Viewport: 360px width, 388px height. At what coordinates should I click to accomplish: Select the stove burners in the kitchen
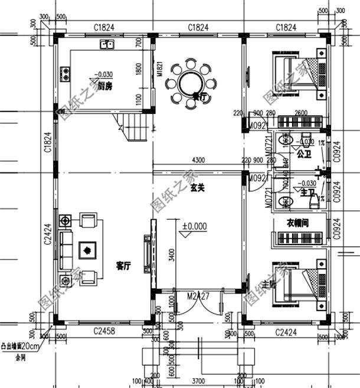[64, 74]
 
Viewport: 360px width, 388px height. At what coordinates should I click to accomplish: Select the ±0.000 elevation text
[194, 226]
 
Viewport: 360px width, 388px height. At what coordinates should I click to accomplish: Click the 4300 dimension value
[198, 159]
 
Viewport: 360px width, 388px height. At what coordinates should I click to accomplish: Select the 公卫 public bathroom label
[304, 155]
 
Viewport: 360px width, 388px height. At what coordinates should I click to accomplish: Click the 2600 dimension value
[300, 114]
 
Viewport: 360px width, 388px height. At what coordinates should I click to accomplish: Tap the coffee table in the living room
[86, 250]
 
